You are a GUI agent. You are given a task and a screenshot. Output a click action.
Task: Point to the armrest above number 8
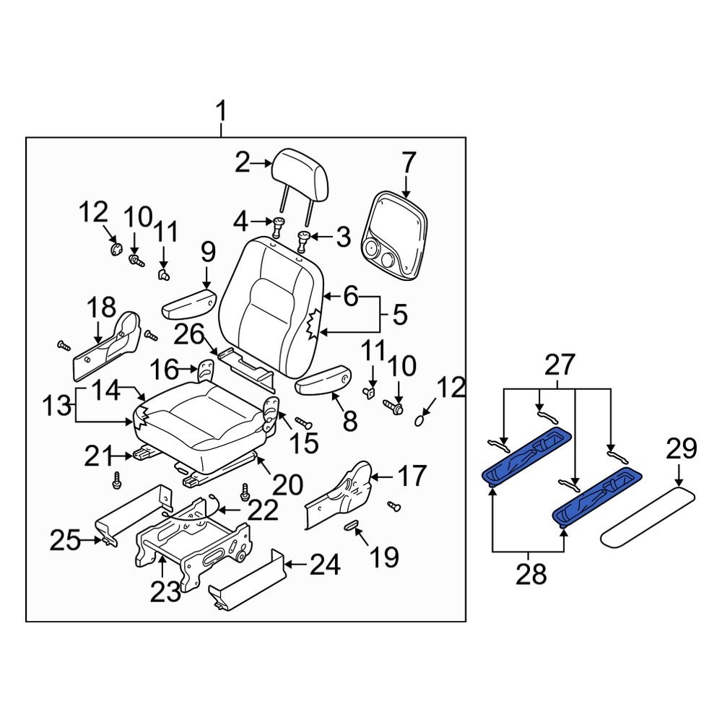[x=323, y=380]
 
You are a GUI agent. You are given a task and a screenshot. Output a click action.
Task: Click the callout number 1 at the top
[x=222, y=113]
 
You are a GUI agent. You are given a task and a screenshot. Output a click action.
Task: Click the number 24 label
[x=323, y=566]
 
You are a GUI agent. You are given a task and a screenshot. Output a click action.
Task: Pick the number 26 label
[x=189, y=336]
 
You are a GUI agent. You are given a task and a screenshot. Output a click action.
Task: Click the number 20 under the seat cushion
[x=287, y=484]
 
